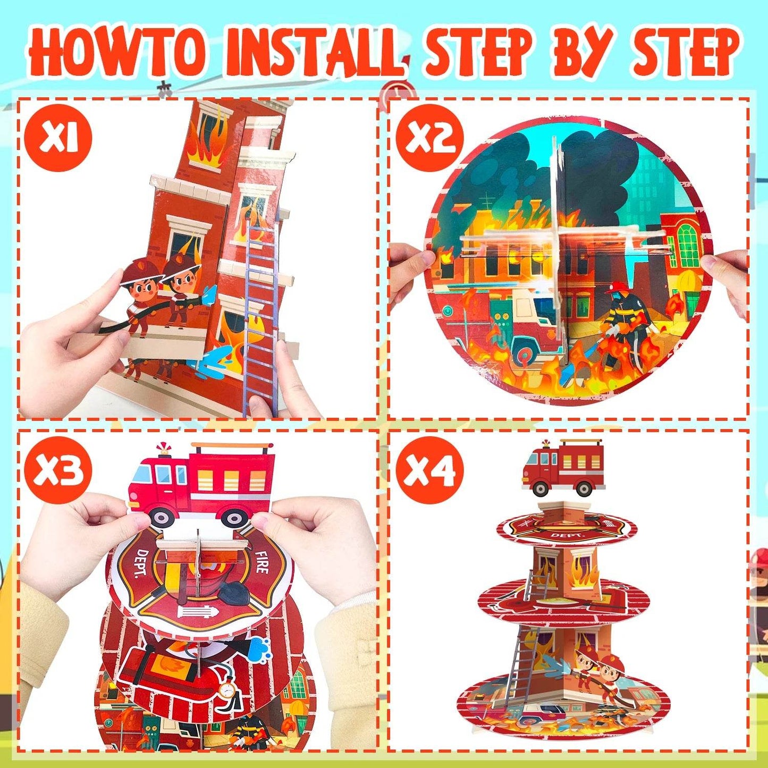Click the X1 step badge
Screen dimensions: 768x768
point(58,138)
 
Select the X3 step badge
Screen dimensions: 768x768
point(58,470)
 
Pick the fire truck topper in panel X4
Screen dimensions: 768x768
point(563,468)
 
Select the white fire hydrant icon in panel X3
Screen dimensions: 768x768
point(198,612)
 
